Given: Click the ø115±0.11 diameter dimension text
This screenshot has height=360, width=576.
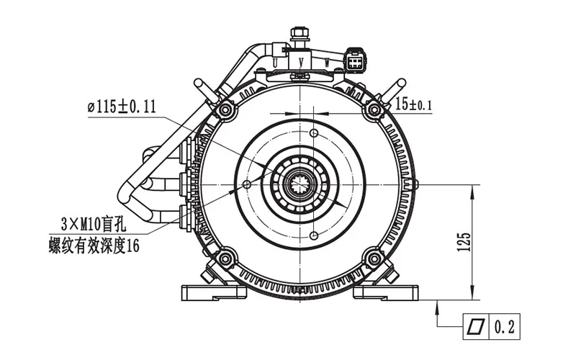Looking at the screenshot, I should [x=122, y=107].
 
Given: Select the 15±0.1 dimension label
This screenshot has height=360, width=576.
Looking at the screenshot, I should [x=414, y=104].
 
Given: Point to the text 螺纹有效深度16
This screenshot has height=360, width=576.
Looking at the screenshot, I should [x=94, y=246].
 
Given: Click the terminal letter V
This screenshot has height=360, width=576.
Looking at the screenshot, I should [x=301, y=63].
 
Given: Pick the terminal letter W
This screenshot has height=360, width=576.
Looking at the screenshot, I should [x=327, y=63].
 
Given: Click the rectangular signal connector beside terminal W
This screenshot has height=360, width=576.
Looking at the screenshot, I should [x=355, y=61].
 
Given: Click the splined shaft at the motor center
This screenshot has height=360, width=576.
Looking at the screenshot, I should [x=301, y=184].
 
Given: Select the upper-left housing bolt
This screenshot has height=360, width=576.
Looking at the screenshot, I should [x=227, y=110].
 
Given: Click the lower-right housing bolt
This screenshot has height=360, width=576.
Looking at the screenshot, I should [x=374, y=259].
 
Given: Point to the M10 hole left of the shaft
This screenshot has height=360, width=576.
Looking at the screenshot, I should [x=247, y=185].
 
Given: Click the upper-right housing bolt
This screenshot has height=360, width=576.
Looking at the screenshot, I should [x=374, y=110].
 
